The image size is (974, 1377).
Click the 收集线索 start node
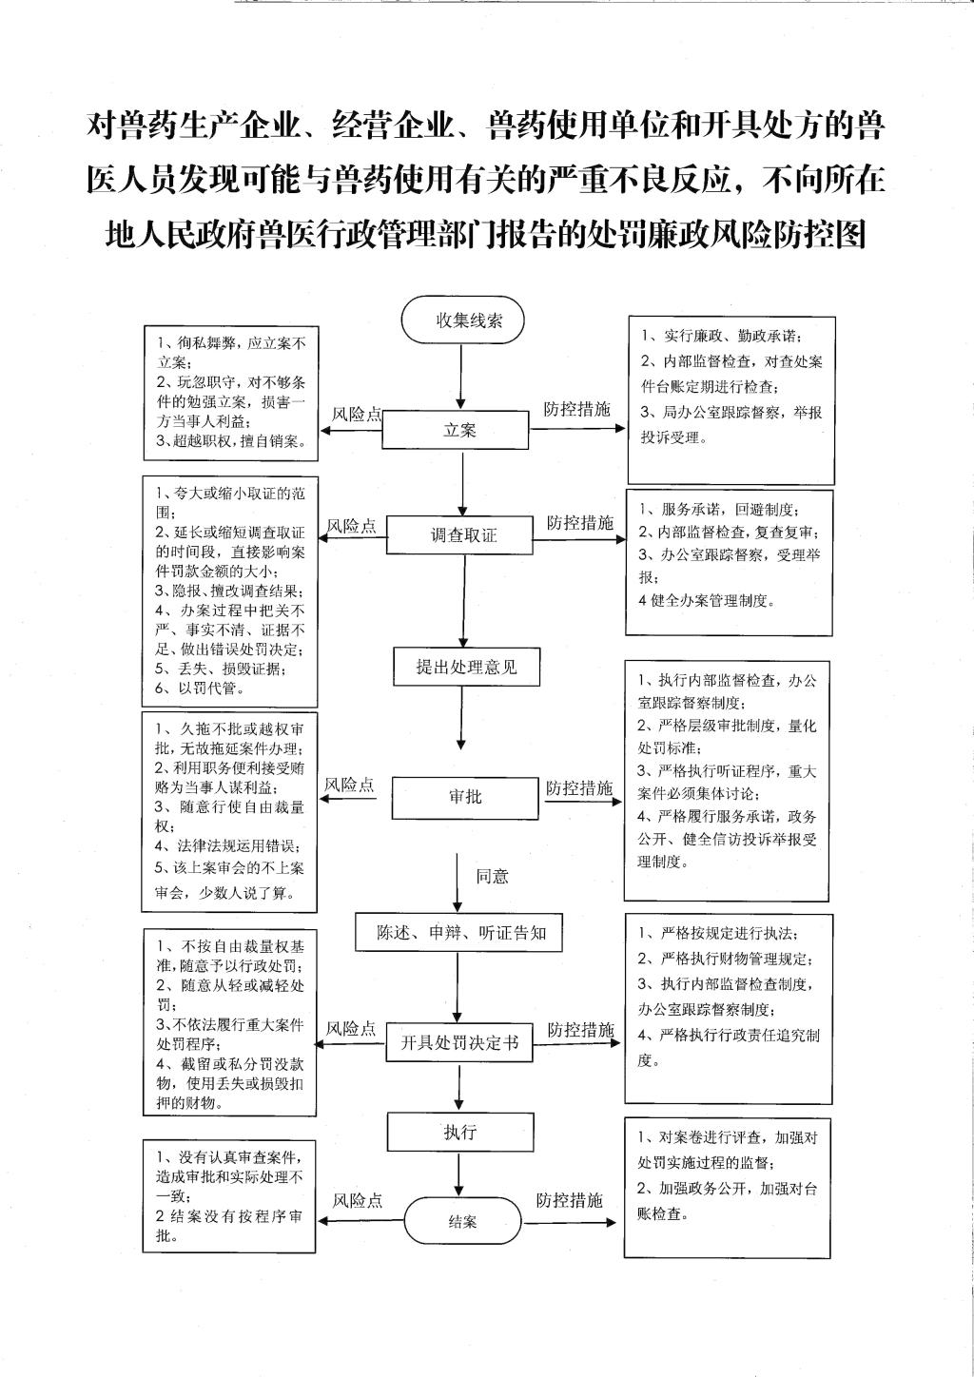pyautogui.click(x=463, y=320)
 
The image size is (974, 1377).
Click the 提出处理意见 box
pyautogui.click(x=466, y=667)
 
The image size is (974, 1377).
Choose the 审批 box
pyautogui.click(x=466, y=797)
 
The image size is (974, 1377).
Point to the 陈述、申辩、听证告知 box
pyautogui.click(x=461, y=933)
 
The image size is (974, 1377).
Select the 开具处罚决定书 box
pyautogui.click(x=458, y=1043)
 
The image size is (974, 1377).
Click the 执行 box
pyautogui.click(x=459, y=1132)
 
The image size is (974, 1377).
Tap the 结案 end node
pyautogui.click(x=462, y=1221)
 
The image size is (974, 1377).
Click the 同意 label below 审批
pyautogui.click(x=492, y=876)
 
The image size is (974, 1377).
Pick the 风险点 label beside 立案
pyautogui.click(x=356, y=414)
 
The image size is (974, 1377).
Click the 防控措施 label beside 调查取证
pyautogui.click(x=579, y=522)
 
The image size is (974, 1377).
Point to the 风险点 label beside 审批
pyautogui.click(x=349, y=785)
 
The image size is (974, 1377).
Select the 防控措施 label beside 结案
pyautogui.click(x=569, y=1200)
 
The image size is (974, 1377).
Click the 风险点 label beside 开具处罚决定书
pyautogui.click(x=351, y=1029)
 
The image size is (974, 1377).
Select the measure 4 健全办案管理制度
pyautogui.click(x=707, y=600)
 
